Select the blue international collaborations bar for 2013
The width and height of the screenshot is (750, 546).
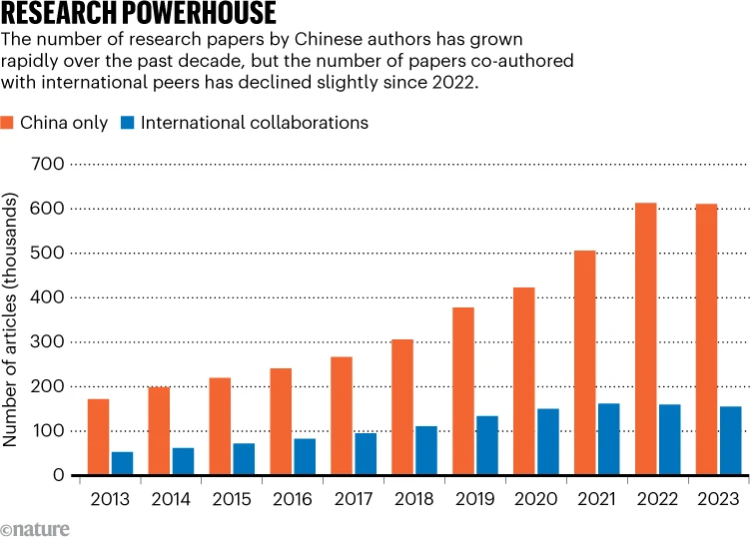(x=122, y=464)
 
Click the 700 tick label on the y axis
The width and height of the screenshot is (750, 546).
(x=49, y=164)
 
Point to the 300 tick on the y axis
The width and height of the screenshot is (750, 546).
(x=49, y=342)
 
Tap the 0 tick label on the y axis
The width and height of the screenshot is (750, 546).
(x=59, y=476)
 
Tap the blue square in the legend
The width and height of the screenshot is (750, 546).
(x=127, y=123)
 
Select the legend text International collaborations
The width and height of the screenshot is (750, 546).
(x=255, y=123)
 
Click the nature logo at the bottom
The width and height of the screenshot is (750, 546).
(x=36, y=529)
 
